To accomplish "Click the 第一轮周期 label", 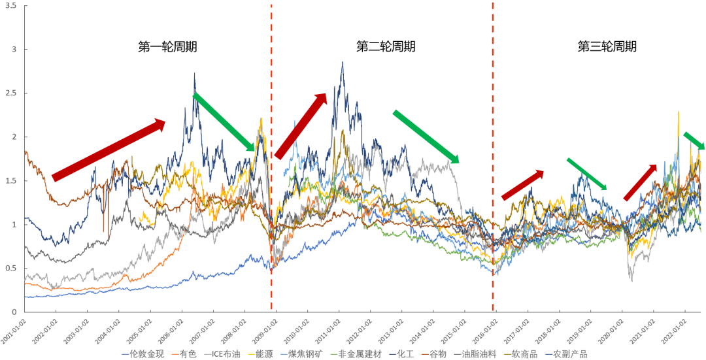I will click(x=167, y=47).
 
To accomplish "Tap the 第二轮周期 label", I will click(x=386, y=47).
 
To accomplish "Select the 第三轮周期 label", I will click(x=607, y=47).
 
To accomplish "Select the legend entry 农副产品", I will click(x=568, y=354).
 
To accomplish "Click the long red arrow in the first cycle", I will click(x=109, y=149).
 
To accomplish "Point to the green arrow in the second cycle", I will click(x=426, y=137).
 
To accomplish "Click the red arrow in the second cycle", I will click(x=301, y=125).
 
